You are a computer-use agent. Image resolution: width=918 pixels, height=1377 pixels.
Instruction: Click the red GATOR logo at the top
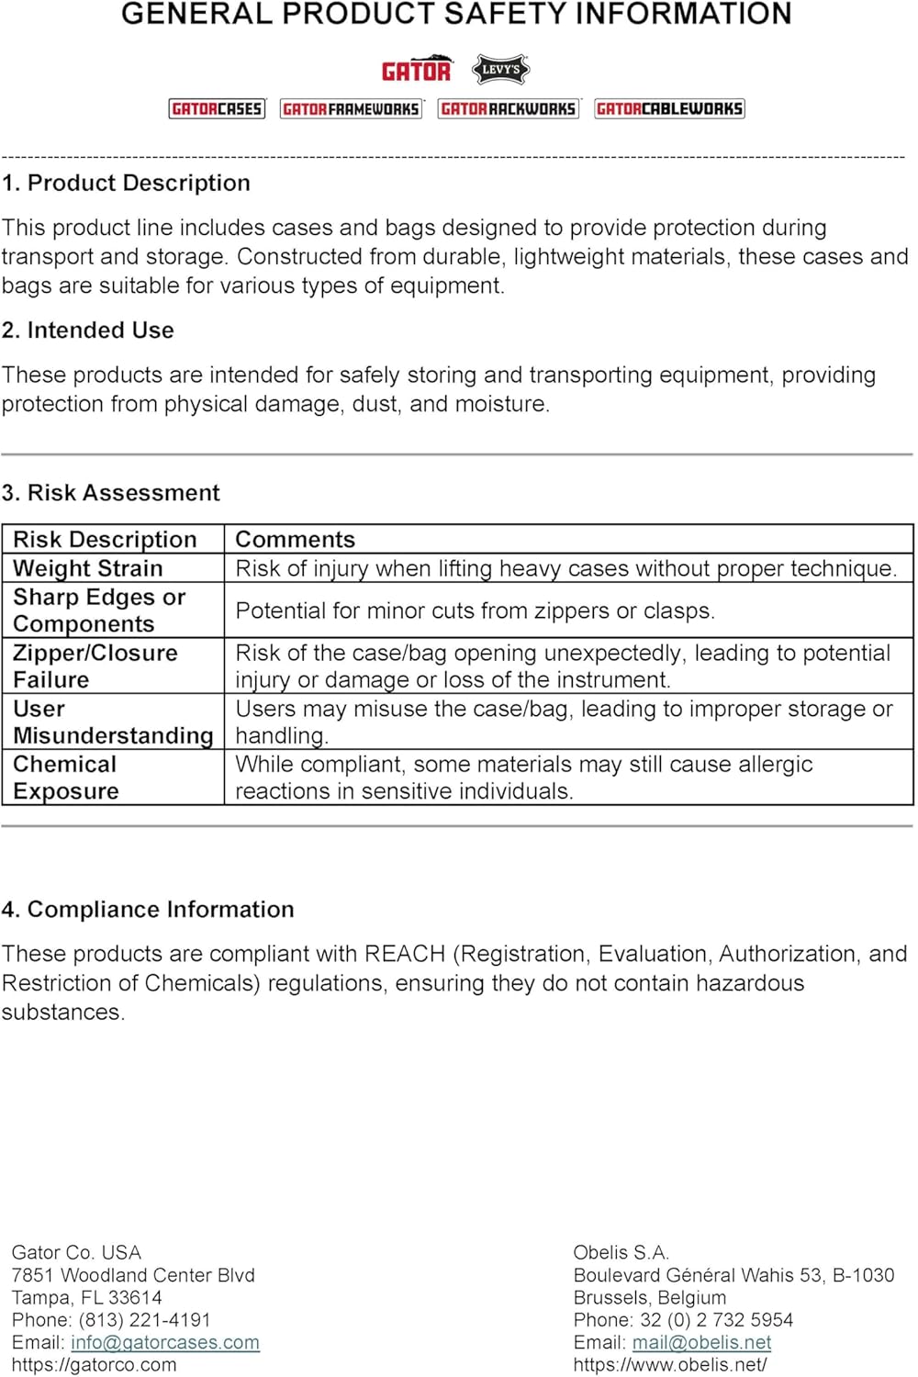click(x=416, y=71)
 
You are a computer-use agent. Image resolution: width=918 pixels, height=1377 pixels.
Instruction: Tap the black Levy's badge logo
click(x=500, y=70)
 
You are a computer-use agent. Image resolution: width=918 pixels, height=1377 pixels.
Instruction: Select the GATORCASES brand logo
click(x=217, y=109)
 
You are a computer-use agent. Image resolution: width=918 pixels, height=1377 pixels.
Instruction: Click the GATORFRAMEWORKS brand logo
click(x=351, y=109)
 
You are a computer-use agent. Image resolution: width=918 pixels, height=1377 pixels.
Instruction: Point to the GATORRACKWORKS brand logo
click(x=509, y=109)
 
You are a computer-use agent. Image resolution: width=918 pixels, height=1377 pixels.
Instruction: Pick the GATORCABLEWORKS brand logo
click(x=669, y=109)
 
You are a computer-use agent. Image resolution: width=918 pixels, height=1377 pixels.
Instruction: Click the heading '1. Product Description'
click(x=126, y=183)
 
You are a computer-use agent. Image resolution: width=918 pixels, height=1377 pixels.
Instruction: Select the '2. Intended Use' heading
click(x=88, y=330)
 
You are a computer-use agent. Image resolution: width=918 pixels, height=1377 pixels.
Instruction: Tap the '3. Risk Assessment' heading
click(x=111, y=493)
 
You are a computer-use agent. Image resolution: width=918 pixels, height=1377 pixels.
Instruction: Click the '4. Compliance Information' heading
click(x=148, y=910)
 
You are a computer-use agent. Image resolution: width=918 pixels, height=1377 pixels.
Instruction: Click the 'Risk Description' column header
click(x=105, y=539)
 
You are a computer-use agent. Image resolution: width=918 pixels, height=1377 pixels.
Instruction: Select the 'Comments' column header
click(x=295, y=539)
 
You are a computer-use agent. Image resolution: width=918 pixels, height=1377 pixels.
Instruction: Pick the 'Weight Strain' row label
click(x=87, y=568)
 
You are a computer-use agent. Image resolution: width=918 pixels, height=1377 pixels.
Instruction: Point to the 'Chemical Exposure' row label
click(x=65, y=778)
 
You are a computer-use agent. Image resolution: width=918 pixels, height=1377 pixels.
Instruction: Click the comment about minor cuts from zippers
click(x=475, y=610)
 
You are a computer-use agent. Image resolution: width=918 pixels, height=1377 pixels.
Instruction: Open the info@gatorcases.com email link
click(x=165, y=1342)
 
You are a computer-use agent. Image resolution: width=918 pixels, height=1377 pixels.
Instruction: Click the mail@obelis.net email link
click(x=701, y=1342)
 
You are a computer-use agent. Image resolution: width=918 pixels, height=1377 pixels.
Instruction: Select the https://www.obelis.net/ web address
click(x=669, y=1365)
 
